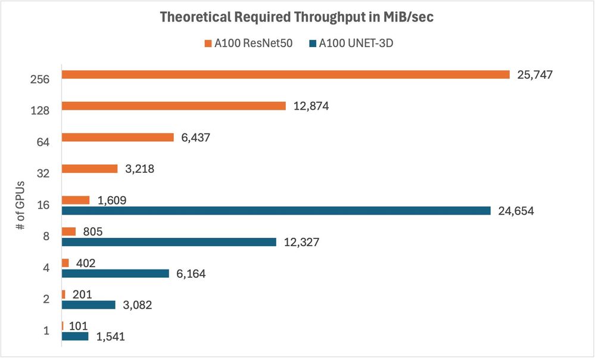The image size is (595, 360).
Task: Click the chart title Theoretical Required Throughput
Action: click(297, 17)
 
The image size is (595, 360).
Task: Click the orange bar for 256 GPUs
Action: click(286, 75)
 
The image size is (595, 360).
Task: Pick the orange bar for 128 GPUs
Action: click(175, 106)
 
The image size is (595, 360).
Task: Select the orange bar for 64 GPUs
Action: click(117, 138)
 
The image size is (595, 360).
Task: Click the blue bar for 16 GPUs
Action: click(276, 210)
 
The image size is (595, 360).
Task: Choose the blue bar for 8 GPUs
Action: click(169, 242)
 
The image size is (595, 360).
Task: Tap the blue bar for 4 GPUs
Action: click(116, 274)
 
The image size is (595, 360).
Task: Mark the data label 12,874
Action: click(311, 106)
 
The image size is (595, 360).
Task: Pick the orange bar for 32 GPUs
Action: click(90, 169)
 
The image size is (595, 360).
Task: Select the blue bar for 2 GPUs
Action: click(89, 305)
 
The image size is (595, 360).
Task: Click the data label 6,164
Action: click(191, 274)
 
